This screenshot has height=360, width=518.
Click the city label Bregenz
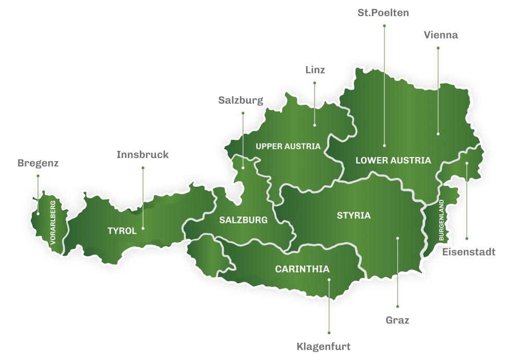(38, 163)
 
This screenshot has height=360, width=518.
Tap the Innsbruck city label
(142, 155)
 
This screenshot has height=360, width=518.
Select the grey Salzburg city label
(240, 101)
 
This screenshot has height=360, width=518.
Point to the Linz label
(315, 70)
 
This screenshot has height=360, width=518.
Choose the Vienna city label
(441, 35)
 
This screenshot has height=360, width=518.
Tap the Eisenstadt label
(469, 253)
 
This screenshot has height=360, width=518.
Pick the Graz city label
(397, 320)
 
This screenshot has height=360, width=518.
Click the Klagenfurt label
(323, 346)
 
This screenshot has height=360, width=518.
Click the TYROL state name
(122, 231)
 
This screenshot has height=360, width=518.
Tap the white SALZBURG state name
(243, 220)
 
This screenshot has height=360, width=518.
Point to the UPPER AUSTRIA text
(288, 147)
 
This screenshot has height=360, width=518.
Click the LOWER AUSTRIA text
(393, 161)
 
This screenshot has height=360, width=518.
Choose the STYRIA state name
(354, 215)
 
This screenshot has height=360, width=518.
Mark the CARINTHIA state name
(302, 269)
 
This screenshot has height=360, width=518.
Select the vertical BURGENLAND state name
(441, 220)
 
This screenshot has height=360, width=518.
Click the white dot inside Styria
(397, 238)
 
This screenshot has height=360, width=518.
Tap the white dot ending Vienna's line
(438, 134)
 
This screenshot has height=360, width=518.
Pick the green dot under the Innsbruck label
(142, 168)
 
